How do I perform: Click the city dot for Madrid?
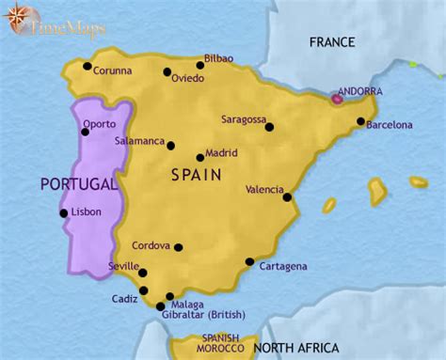click(x=200, y=158)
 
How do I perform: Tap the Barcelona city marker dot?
click(x=361, y=120)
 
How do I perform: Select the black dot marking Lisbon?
click(x=64, y=213)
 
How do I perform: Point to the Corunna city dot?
click(x=87, y=66)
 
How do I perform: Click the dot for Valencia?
click(x=288, y=197)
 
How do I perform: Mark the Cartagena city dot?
click(x=249, y=262)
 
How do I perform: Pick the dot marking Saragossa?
click(x=269, y=127)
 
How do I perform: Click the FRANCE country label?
click(x=330, y=42)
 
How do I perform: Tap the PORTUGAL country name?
click(x=78, y=183)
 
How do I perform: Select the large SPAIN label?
click(x=196, y=175)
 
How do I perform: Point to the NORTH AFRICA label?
click(x=295, y=348)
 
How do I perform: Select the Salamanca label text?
click(x=139, y=140)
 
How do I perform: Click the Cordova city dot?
click(x=178, y=248)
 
